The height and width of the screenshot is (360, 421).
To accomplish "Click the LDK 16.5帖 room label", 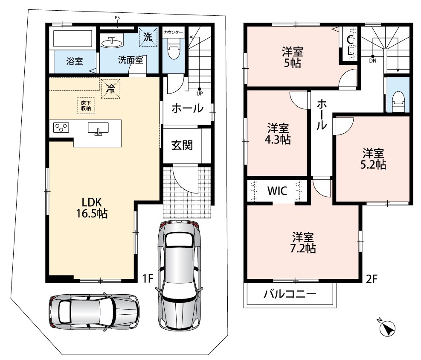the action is (x=92, y=208).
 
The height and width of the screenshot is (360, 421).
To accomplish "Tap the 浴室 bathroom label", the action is (x=75, y=61).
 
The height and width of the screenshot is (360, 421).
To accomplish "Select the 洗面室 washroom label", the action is (x=131, y=60).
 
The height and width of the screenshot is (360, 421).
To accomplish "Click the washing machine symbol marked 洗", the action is (x=148, y=37).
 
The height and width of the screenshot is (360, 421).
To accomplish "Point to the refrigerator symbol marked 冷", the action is (x=110, y=89).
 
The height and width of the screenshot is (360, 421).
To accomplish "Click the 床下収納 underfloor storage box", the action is (x=86, y=105).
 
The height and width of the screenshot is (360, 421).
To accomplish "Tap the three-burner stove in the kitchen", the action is (x=61, y=127).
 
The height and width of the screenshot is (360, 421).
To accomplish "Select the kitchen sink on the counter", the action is (x=98, y=129).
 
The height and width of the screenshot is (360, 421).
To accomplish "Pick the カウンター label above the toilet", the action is (x=173, y=32).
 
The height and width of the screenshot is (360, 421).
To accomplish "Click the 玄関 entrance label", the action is (x=182, y=146).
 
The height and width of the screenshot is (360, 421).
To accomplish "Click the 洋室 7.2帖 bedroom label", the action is (x=303, y=243).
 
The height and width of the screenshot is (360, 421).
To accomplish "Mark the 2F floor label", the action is (x=372, y=279).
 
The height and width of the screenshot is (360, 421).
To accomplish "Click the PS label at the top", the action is (x=117, y=18).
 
